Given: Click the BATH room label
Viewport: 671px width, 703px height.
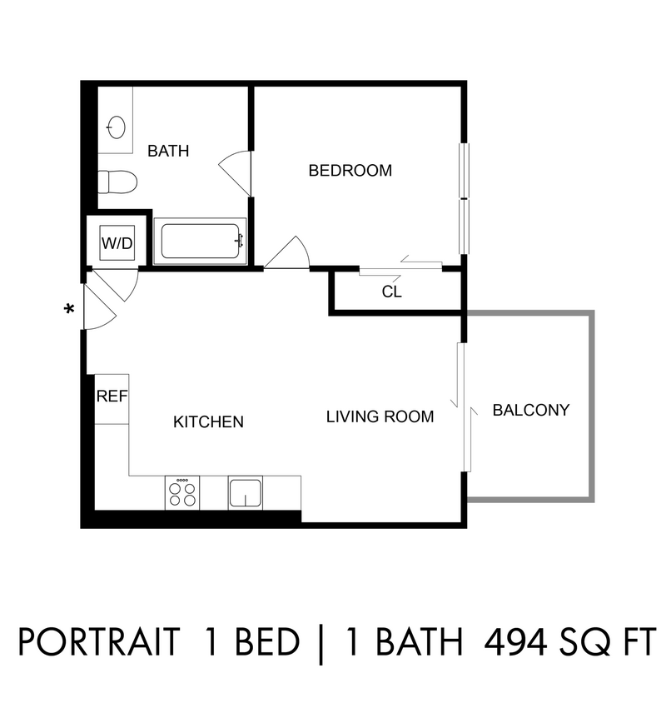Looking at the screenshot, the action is [x=168, y=151].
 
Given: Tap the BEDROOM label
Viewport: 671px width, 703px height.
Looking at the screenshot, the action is [x=350, y=171].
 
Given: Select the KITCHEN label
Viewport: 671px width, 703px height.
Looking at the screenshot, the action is [x=208, y=422].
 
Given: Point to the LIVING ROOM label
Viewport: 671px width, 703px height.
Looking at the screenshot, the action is [x=380, y=417].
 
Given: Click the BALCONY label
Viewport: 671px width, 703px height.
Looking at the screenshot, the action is [x=531, y=411].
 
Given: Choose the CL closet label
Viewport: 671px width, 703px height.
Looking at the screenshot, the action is [x=392, y=292].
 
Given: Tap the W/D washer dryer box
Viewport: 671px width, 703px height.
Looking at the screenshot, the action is [x=117, y=243].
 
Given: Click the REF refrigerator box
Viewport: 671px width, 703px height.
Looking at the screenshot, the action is [x=112, y=399].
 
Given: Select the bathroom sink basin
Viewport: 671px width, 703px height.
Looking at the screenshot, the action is [x=117, y=127].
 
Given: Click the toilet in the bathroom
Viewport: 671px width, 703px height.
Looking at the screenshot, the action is [x=117, y=182].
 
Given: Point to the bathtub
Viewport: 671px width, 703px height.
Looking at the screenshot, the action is [x=200, y=242].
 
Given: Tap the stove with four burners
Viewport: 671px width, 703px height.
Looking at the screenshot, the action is [x=182, y=493].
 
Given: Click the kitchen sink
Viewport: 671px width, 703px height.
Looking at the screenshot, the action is [x=246, y=493].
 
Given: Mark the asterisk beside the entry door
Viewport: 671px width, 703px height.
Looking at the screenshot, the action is [x=69, y=309].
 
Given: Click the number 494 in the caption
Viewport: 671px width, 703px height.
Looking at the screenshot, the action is [x=515, y=642].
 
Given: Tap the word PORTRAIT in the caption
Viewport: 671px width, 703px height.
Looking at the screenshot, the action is [x=99, y=642].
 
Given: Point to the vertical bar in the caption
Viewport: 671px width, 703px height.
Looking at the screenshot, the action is [x=321, y=643].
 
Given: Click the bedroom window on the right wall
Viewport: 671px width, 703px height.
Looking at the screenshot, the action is [x=465, y=198].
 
